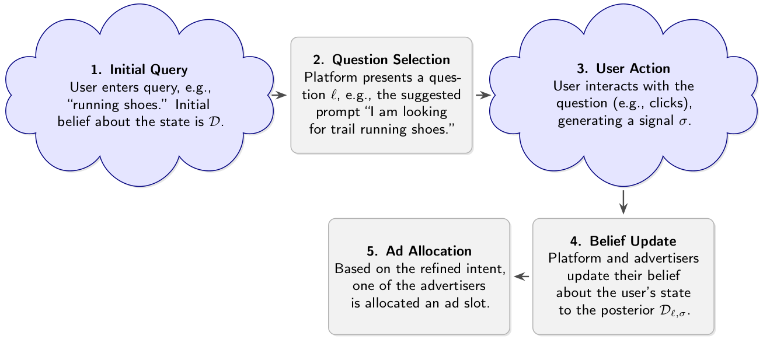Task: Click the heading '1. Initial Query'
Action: pyautogui.click(x=139, y=70)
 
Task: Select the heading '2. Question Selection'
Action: pyautogui.click(x=381, y=60)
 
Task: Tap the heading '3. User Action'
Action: pyautogui.click(x=623, y=69)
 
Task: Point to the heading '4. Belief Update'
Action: pyautogui.click(x=623, y=241)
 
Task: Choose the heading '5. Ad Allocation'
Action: pyautogui.click(x=419, y=251)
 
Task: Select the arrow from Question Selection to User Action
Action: pyautogui.click(x=482, y=95)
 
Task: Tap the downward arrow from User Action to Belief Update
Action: pyautogui.click(x=623, y=202)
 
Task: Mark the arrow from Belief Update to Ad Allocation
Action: pyautogui.click(x=521, y=277)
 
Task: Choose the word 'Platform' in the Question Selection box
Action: pyautogui.click(x=328, y=77)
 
